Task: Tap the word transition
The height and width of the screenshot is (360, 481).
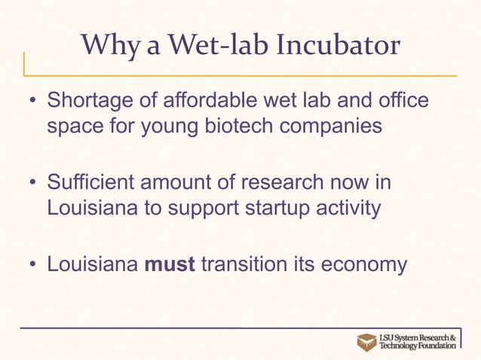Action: tap(250, 264)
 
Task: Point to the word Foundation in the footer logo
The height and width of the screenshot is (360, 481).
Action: tap(434, 346)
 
